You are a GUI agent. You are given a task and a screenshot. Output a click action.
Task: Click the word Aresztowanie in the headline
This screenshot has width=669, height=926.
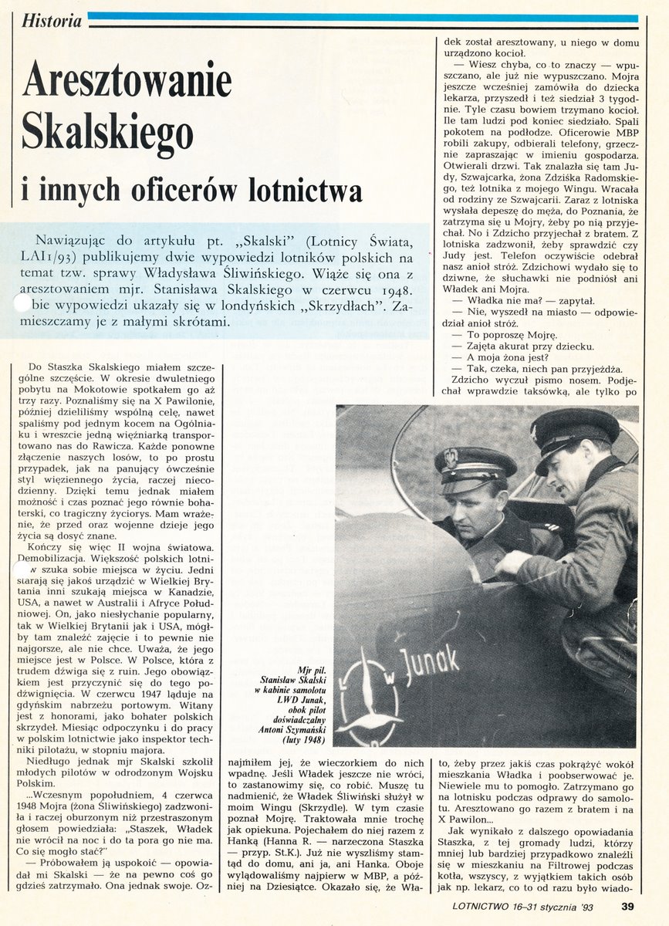pos(127,80)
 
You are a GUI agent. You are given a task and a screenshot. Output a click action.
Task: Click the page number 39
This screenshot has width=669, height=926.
pos(628,906)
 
